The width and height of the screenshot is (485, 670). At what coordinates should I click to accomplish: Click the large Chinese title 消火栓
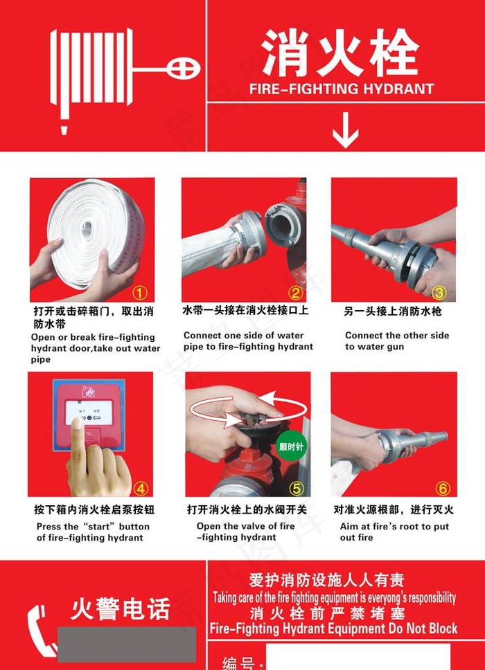pyautogui.click(x=340, y=53)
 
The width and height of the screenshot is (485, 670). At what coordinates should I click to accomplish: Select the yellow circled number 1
pyautogui.click(x=141, y=293)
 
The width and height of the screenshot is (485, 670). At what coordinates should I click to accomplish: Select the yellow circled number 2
pyautogui.click(x=296, y=292)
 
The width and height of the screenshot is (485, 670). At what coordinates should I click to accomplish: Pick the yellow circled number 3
pyautogui.click(x=439, y=292)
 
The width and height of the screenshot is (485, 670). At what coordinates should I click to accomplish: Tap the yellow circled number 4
pyautogui.click(x=141, y=488)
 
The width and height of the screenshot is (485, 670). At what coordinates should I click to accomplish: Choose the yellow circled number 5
pyautogui.click(x=297, y=488)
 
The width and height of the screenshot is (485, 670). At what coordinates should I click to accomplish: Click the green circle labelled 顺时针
pyautogui.click(x=290, y=446)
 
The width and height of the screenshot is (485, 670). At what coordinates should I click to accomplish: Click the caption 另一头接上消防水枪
pyautogui.click(x=393, y=311)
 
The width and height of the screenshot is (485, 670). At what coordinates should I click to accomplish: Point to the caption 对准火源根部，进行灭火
pyautogui.click(x=393, y=509)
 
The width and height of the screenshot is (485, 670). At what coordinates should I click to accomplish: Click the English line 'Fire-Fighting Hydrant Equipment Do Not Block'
pyautogui.click(x=334, y=628)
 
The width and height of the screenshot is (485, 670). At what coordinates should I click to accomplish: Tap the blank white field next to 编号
pyautogui.click(x=358, y=658)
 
